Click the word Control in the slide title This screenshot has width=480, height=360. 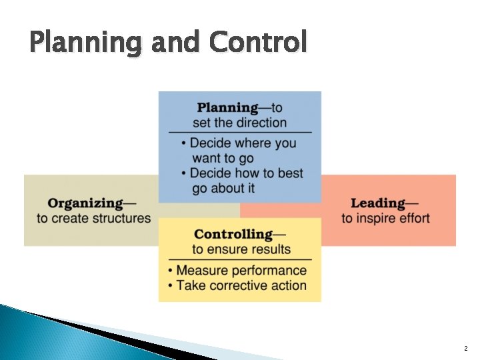pyautogui.click(x=258, y=42)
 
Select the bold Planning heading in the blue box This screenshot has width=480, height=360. pyautogui.click(x=227, y=107)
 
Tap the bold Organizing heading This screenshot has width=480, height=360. pyautogui.click(x=85, y=203)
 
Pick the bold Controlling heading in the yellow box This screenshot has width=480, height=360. pyautogui.click(x=233, y=234)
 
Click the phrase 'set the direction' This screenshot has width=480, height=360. pyautogui.click(x=240, y=123)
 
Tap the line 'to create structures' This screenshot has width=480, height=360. pyautogui.click(x=94, y=218)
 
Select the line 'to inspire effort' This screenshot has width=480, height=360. pyautogui.click(x=386, y=218)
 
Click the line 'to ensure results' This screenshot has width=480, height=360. pyautogui.click(x=241, y=249)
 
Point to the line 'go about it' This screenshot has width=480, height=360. pyautogui.click(x=223, y=188)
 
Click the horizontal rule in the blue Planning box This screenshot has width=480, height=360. pyautogui.click(x=240, y=132)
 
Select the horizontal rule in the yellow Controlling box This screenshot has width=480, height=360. pyautogui.click(x=240, y=259)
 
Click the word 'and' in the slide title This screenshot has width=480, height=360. pyautogui.click(x=175, y=42)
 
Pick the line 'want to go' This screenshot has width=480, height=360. pyautogui.click(x=223, y=158)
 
